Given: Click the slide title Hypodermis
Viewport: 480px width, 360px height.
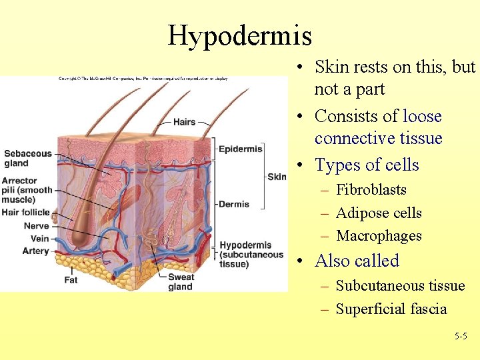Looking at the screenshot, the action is click(239, 35).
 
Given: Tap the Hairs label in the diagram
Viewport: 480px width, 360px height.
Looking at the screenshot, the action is click(184, 122).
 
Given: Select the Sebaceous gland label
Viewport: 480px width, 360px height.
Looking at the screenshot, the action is click(27, 158).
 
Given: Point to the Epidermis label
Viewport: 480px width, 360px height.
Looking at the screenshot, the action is click(240, 149).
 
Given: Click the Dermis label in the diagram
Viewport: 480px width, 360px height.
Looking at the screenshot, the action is click(233, 204).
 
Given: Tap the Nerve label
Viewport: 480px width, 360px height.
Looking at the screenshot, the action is click(36, 226).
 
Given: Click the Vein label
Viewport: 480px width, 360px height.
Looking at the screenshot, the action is click(39, 238).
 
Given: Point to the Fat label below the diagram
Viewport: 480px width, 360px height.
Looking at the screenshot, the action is click(71, 280).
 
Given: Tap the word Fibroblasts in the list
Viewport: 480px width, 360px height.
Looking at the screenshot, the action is click(371, 190).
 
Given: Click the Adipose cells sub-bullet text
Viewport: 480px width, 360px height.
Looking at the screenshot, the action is click(379, 213).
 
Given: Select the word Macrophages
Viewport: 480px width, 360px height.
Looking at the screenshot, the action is click(379, 236).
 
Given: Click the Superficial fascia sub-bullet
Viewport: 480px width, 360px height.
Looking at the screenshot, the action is click(391, 309).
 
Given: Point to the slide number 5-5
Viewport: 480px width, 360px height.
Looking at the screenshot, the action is click(461, 337).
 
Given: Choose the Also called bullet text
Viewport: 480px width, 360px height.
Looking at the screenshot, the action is click(357, 261).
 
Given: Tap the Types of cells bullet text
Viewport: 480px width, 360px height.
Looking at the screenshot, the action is click(367, 165).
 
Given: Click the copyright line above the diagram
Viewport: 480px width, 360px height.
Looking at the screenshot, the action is click(143, 79).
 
